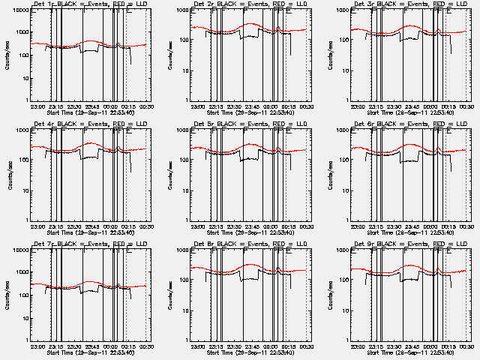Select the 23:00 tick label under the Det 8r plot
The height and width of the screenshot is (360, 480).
click(x=198, y=346)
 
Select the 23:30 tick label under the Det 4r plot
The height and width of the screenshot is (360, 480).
click(x=74, y=226)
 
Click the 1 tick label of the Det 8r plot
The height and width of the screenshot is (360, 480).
click(x=189, y=339)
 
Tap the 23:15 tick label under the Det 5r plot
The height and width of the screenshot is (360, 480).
click(x=216, y=226)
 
